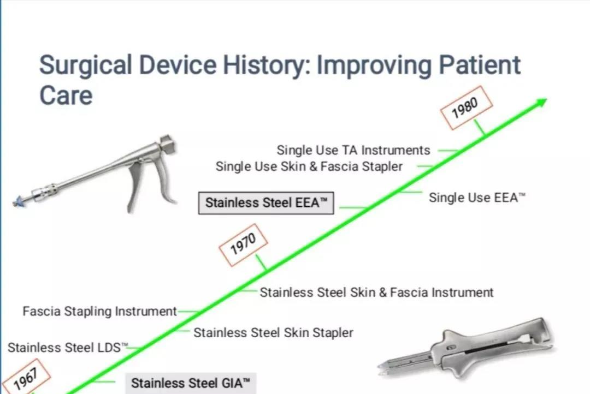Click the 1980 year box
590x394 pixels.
click(466, 108)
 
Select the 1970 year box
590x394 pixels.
click(243, 244)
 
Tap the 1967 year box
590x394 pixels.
click(26, 378)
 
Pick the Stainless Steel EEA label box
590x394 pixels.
click(266, 203)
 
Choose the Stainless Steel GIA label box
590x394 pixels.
click(191, 384)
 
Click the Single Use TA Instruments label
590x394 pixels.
click(353, 151)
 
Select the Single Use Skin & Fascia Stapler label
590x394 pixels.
click(309, 166)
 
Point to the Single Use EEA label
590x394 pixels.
click(477, 198)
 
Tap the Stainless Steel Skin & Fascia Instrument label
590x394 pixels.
click(376, 292)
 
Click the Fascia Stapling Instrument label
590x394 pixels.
click(100, 311)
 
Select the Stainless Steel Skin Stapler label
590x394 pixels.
click(273, 333)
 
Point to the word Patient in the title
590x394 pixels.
click(480, 64)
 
